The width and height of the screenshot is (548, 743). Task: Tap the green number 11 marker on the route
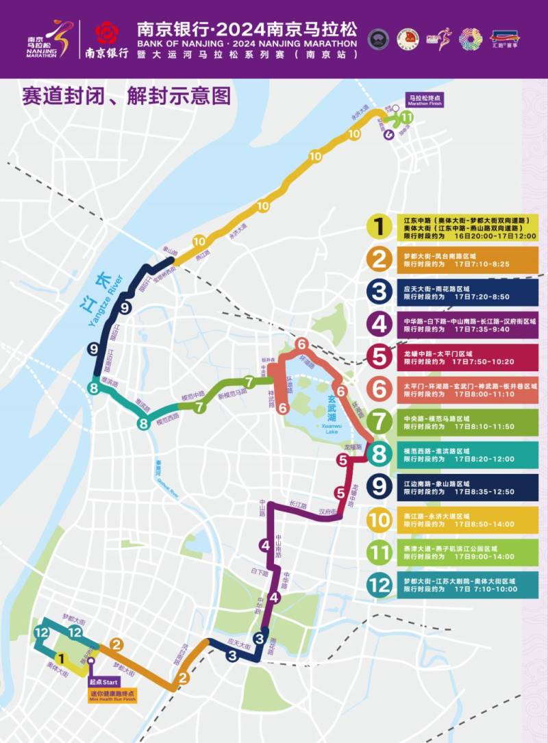(407, 117)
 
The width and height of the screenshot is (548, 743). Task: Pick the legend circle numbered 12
(378, 585)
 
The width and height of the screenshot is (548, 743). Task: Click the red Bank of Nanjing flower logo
(106, 32)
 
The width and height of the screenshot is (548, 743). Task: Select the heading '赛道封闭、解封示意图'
(116, 95)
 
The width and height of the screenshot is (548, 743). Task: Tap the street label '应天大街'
(237, 644)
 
